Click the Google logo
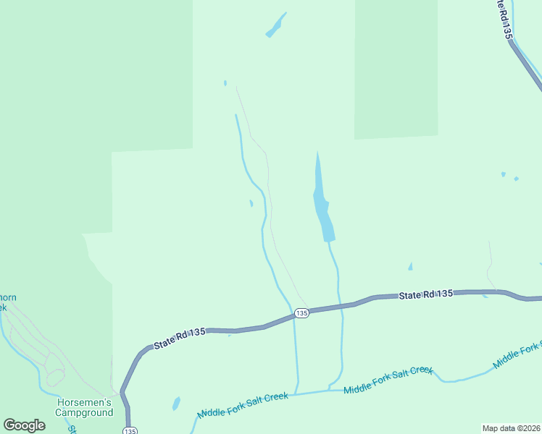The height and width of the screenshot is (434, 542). tap(25, 425)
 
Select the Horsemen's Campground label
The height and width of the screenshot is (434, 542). tap(84, 407)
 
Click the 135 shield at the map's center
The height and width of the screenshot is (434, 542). tap(301, 312)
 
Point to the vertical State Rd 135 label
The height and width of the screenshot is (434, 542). tap(505, 20)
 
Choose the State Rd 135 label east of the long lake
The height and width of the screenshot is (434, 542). tap(426, 294)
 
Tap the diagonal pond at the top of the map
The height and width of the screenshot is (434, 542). tap(275, 25)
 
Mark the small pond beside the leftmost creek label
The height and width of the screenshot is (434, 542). tap(176, 403)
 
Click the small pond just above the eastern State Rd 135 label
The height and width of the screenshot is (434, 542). tap(410, 267)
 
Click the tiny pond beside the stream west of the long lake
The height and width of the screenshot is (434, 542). tap(251, 203)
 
